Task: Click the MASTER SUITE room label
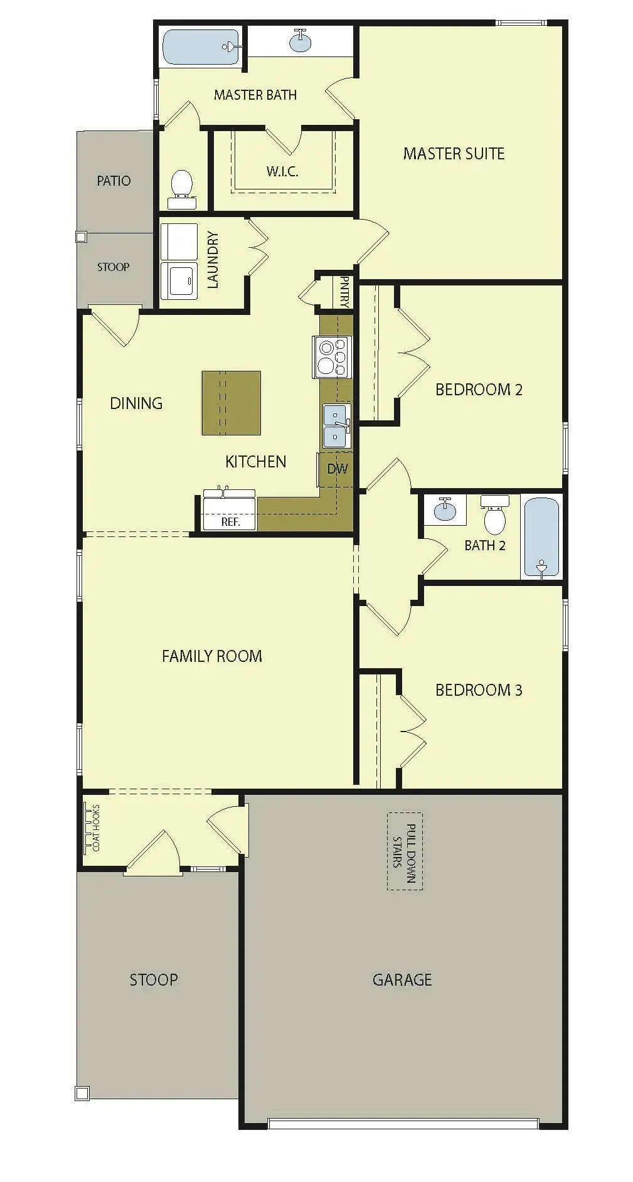pyautogui.click(x=454, y=154)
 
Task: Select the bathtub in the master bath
pyautogui.click(x=201, y=47)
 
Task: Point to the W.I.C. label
pyautogui.click(x=282, y=171)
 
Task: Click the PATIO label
pyautogui.click(x=114, y=181)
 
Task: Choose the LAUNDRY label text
pyautogui.click(x=213, y=260)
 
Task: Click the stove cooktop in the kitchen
pyautogui.click(x=332, y=357)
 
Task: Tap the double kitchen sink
pyautogui.click(x=336, y=426)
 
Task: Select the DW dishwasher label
pyautogui.click(x=338, y=469)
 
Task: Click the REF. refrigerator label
pyautogui.click(x=230, y=521)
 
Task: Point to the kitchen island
pyautogui.click(x=231, y=403)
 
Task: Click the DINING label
pyautogui.click(x=136, y=403)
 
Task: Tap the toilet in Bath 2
pyautogui.click(x=495, y=514)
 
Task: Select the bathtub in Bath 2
pyautogui.click(x=541, y=537)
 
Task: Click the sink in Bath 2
pyautogui.click(x=445, y=509)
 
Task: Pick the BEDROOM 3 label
pyautogui.click(x=479, y=690)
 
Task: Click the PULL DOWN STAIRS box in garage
pyautogui.click(x=405, y=851)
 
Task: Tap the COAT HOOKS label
pyautogui.click(x=96, y=828)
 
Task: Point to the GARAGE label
pyautogui.click(x=402, y=979)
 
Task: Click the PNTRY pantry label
pyautogui.click(x=344, y=291)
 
